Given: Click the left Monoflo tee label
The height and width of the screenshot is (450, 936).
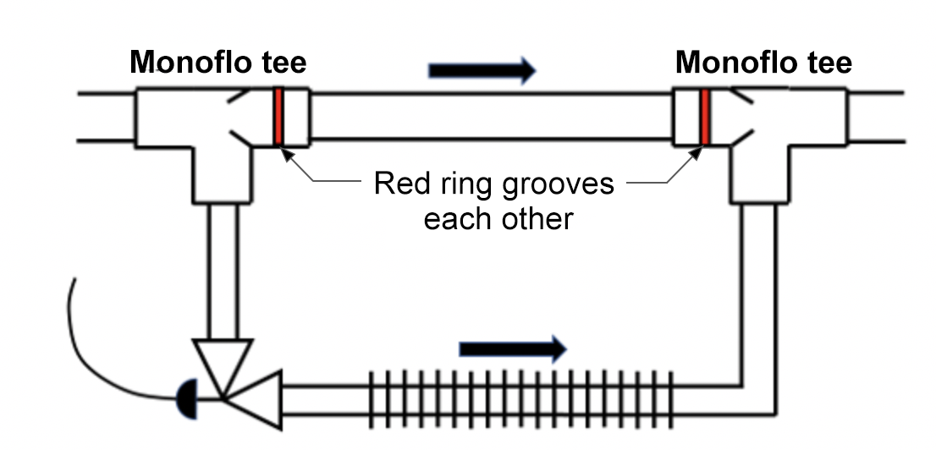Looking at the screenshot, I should (217, 63).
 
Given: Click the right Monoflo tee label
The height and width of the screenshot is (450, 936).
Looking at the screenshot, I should (763, 63).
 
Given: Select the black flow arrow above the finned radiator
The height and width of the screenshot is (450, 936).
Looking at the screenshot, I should (512, 347).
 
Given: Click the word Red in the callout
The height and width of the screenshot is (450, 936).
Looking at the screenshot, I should (403, 184).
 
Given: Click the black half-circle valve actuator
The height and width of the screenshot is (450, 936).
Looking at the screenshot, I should (187, 394).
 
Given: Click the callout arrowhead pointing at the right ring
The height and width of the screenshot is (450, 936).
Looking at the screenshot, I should (696, 152).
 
